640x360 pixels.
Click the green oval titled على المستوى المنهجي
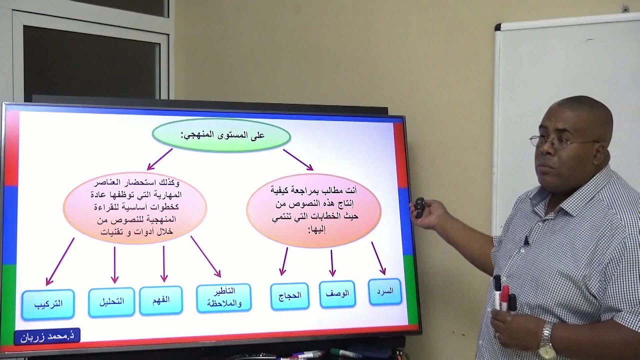point(221,135)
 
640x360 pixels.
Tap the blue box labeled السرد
point(385,291)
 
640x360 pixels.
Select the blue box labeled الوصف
point(337,294)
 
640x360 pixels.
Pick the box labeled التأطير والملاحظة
point(223,298)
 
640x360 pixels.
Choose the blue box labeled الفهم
point(161,300)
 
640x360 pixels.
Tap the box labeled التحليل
point(111,301)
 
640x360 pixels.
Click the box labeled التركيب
point(48,304)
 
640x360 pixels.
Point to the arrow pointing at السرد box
point(378,258)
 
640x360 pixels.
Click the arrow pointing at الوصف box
point(332,263)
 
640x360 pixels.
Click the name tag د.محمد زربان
point(47,336)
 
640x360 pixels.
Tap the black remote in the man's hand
point(419,207)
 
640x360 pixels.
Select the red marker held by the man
point(505,297)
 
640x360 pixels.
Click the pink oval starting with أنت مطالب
point(313,210)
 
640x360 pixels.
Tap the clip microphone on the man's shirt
point(526,241)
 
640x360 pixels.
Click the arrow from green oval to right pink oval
point(298,159)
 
